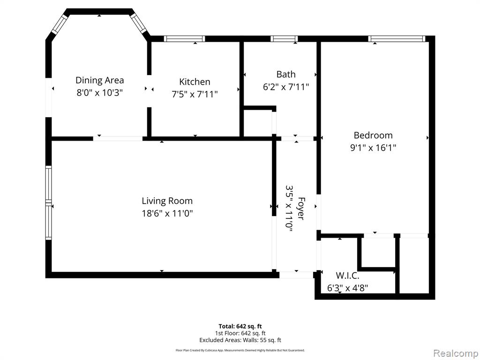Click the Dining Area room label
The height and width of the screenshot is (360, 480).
click(99, 80)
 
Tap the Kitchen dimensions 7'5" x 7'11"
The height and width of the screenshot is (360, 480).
click(195, 94)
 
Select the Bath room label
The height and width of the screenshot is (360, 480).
click(285, 74)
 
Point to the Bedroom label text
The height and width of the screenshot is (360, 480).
click(373, 135)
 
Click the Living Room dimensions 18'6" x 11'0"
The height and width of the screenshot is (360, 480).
click(167, 213)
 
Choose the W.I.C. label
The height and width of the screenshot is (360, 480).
click(347, 276)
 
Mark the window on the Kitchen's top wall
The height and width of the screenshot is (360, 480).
click(184, 39)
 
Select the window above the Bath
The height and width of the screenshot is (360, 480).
click(284, 39)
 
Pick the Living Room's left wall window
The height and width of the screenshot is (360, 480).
click(48, 202)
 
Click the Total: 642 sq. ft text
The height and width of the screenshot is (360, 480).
click(240, 326)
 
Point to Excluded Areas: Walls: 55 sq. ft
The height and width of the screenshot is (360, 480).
click(240, 340)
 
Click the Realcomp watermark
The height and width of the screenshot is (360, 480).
click(455, 352)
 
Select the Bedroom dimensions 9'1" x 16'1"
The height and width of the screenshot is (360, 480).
click(373, 147)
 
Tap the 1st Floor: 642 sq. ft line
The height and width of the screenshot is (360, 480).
click(240, 333)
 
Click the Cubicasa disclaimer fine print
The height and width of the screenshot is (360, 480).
click(240, 350)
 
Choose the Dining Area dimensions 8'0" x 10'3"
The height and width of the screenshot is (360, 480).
click(99, 92)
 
